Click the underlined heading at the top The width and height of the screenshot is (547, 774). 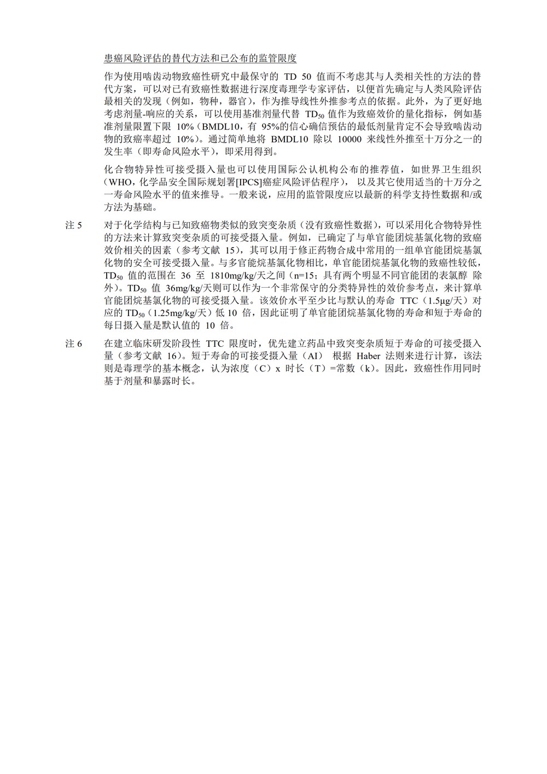(x=200, y=59)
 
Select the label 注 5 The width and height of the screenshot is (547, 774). (x=73, y=225)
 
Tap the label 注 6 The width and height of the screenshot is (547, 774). (x=73, y=344)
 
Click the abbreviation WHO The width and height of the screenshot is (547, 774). (x=119, y=182)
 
